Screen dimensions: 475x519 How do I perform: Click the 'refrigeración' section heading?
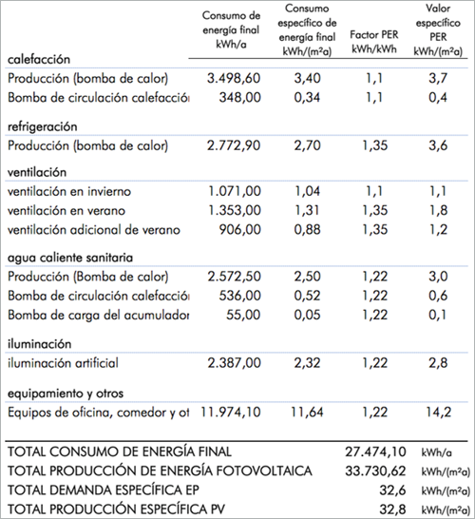[x=43, y=126]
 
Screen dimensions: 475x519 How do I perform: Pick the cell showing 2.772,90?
[x=234, y=145]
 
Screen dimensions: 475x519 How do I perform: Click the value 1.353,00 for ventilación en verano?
[x=234, y=210]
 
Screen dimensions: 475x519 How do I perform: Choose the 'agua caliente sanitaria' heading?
[x=68, y=258]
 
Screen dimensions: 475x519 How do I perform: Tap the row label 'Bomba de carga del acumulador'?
[x=99, y=315]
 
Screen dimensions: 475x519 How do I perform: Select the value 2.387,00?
[x=234, y=362]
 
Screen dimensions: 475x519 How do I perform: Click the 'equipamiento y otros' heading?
[x=64, y=392]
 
